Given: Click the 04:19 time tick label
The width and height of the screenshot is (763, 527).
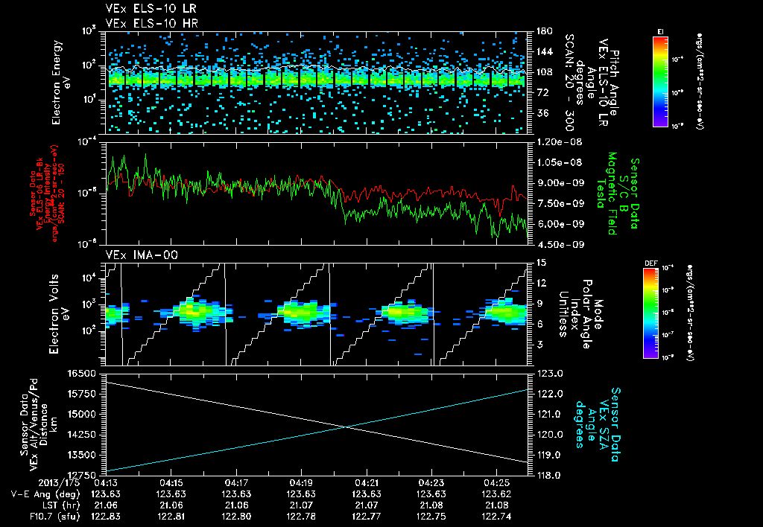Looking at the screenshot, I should (301, 482).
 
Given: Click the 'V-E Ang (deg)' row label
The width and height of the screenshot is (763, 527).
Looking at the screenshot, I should (36, 494).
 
